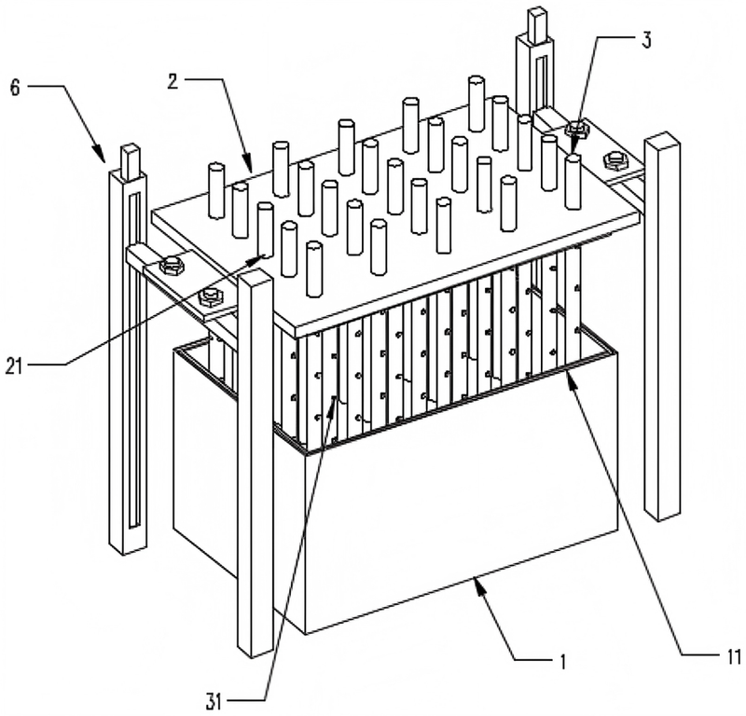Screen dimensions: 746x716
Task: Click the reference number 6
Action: [15, 89]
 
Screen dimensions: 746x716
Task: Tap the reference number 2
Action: [173, 81]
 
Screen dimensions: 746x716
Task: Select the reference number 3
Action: [645, 39]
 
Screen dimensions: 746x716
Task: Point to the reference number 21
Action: [14, 365]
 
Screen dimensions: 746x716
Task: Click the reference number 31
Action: [214, 702]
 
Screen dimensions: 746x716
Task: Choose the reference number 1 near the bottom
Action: [563, 661]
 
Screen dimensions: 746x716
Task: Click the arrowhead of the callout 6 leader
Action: [101, 156]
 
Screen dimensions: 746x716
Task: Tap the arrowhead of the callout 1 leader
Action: [479, 584]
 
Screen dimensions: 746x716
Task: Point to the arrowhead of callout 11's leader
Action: [572, 379]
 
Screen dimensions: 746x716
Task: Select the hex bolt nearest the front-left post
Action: [209, 298]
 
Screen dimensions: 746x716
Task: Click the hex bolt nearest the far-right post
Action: [615, 159]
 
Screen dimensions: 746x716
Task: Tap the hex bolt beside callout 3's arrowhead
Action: [576, 129]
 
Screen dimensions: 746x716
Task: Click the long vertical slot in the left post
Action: [134, 360]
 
